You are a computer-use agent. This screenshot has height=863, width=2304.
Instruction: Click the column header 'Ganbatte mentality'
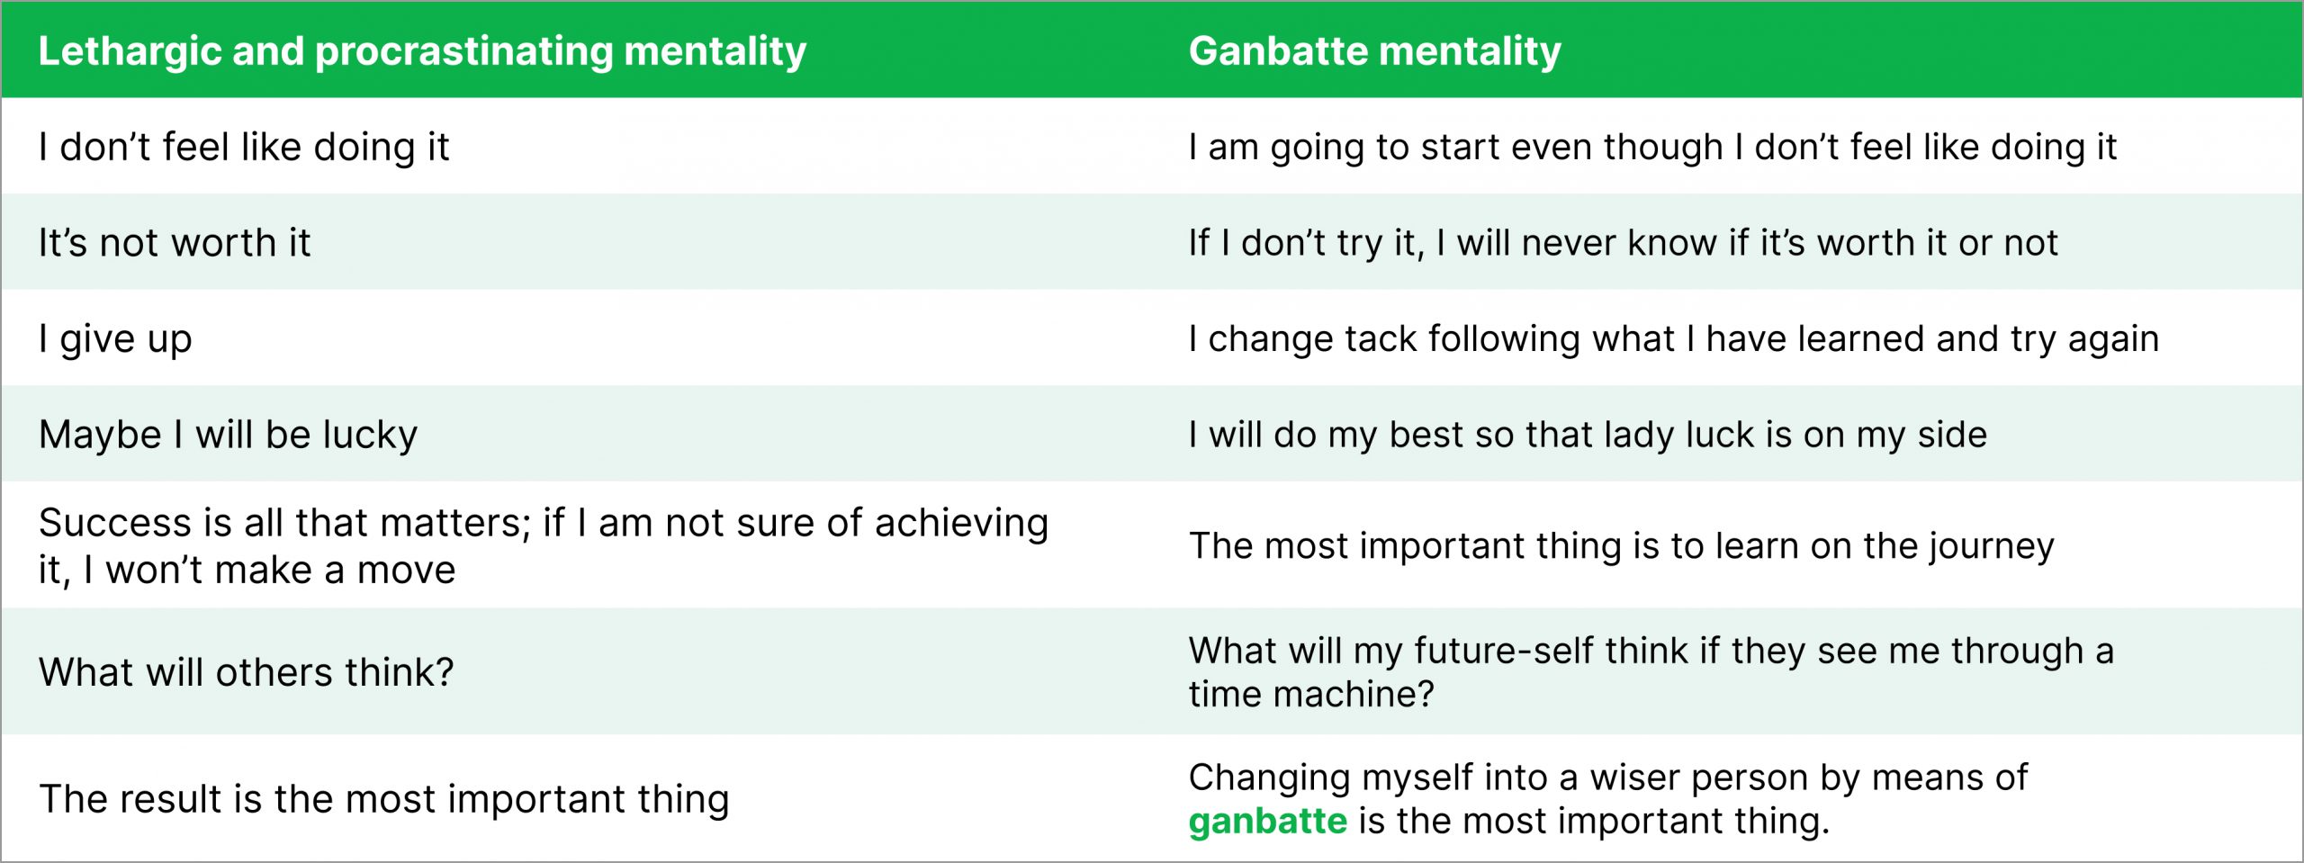pos(1374,51)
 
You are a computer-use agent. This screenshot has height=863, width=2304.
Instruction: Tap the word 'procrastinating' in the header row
pos(463,51)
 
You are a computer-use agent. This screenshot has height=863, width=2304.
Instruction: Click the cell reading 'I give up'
pos(115,339)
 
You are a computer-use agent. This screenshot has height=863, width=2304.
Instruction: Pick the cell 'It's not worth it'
pos(175,243)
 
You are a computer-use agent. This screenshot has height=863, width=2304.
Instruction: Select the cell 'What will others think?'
pos(246,672)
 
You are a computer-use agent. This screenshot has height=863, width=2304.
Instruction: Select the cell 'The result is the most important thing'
pos(383,799)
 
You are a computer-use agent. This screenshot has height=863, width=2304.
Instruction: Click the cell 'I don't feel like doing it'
pos(244,147)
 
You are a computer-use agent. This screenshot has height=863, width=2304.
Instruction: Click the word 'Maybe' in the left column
pos(100,436)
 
